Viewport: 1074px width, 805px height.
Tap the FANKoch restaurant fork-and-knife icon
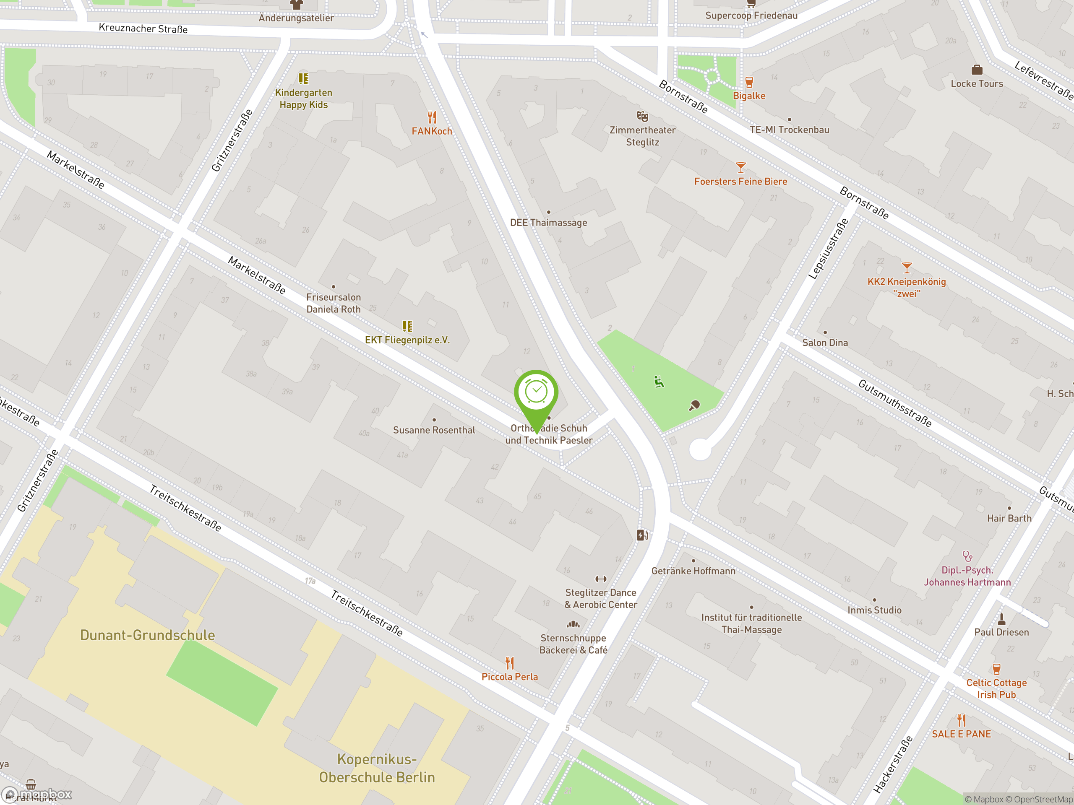(432, 117)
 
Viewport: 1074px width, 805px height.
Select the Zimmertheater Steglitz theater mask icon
(642, 116)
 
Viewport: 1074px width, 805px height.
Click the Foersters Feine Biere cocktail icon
(740, 167)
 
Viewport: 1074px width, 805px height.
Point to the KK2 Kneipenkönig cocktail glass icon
(907, 267)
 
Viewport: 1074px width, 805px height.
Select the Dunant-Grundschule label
(147, 635)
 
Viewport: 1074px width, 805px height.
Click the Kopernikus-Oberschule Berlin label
(377, 768)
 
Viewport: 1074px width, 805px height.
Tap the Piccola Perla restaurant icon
(509, 662)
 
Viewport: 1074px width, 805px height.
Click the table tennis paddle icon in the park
(694, 405)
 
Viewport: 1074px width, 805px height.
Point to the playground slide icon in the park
(658, 382)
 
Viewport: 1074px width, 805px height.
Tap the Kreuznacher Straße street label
(143, 28)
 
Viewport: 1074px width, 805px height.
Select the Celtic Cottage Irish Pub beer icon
(996, 669)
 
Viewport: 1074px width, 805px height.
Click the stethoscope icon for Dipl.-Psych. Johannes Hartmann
(967, 556)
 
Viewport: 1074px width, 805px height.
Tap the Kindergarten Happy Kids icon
(303, 78)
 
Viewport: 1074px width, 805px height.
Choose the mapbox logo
(36, 794)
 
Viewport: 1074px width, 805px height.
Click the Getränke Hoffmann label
(693, 571)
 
